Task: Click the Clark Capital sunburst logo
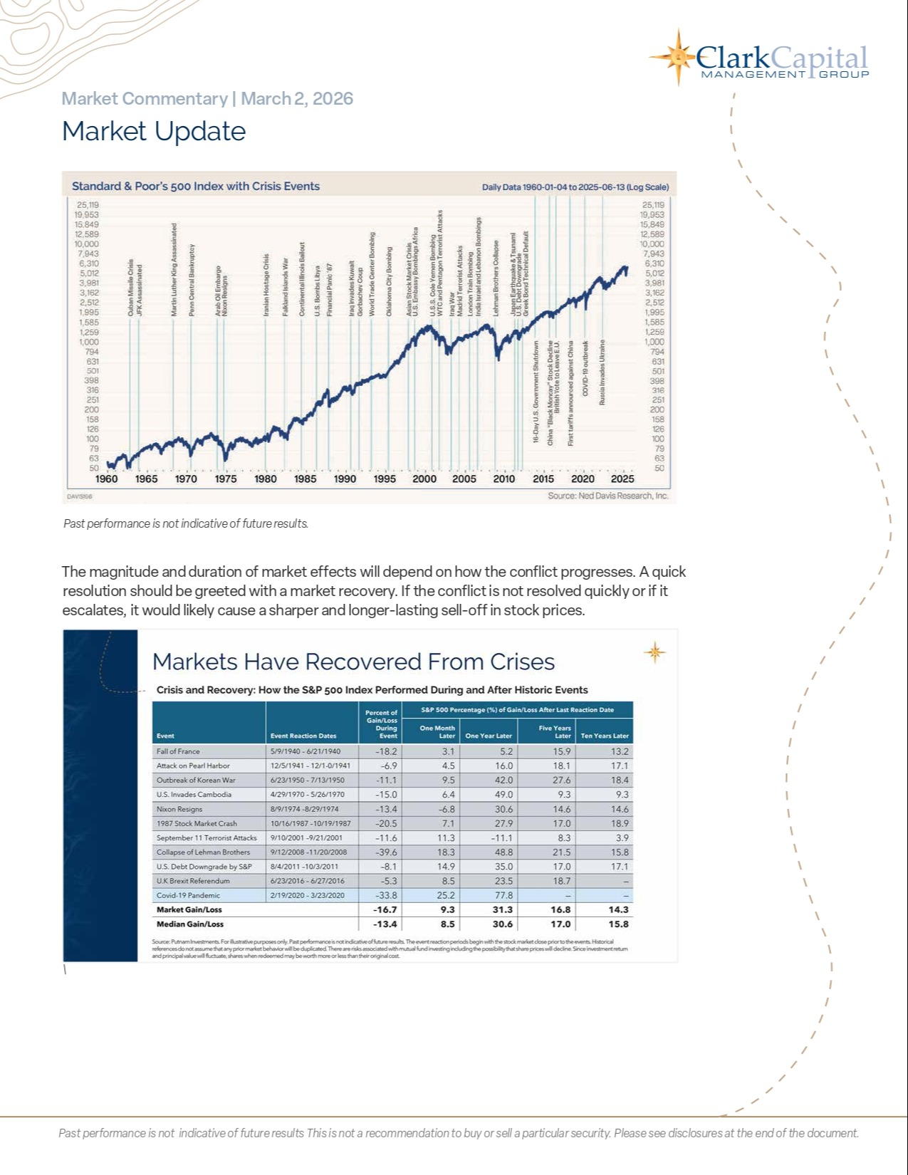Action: coord(677,57)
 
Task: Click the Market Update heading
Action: coord(154,132)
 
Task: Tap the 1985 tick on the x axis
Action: coord(306,479)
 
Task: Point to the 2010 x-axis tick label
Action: coord(504,479)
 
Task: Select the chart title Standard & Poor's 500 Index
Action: coord(196,187)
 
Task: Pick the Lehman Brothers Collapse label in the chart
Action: coord(496,278)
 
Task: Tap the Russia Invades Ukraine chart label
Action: coord(602,372)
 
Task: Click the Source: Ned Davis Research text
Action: coord(608,496)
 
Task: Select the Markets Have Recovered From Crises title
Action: coord(353,662)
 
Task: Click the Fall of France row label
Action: coord(178,751)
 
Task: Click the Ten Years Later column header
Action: coord(605,736)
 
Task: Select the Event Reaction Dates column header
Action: coord(303,736)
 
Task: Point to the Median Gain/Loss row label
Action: coord(190,924)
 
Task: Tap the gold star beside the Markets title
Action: coord(654,652)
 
